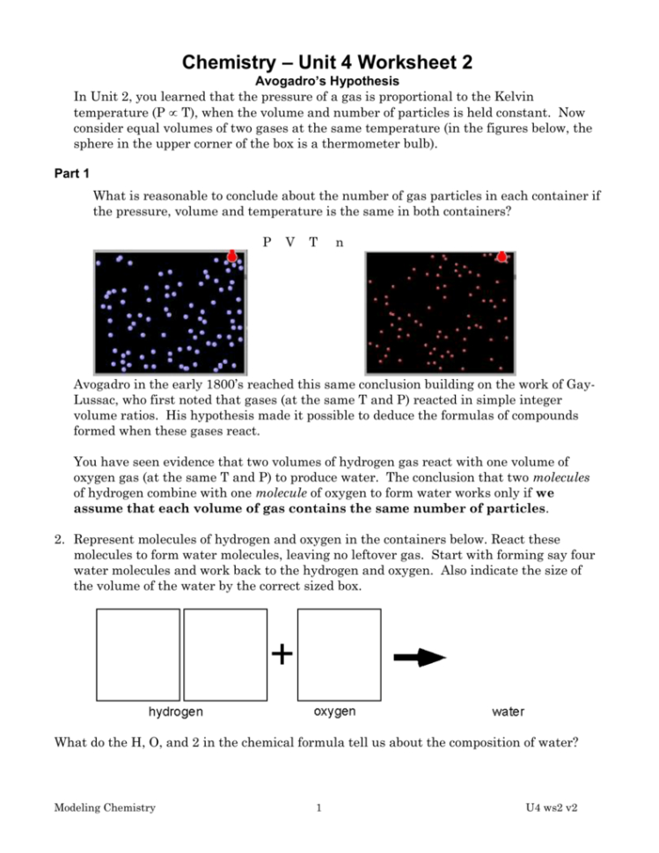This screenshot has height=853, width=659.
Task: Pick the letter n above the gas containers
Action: coord(340,243)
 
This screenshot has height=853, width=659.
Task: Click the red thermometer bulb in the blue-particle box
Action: coord(232,256)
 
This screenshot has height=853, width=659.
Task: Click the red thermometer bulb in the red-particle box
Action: coord(502,256)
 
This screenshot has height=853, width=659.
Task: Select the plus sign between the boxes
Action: coord(282,653)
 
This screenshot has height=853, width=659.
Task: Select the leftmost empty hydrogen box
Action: coord(138,654)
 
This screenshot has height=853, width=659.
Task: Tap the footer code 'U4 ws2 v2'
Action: coord(556,807)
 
